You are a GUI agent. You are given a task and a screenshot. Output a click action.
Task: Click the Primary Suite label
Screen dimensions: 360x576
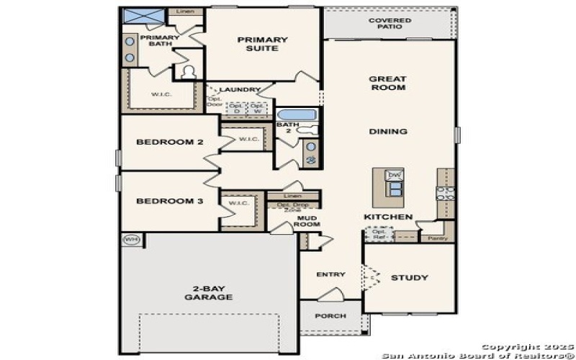pyautogui.click(x=262, y=44)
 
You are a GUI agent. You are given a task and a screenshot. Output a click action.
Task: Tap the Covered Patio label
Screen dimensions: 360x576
pyautogui.click(x=390, y=24)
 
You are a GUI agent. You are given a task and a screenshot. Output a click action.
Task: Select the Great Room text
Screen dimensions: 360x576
pyautogui.click(x=387, y=83)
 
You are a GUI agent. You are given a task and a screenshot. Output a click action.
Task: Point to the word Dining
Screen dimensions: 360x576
pyautogui.click(x=388, y=132)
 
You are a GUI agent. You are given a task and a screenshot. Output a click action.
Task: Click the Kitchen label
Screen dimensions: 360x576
pyautogui.click(x=387, y=217)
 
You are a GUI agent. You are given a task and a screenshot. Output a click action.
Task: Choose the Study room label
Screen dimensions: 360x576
pyautogui.click(x=409, y=278)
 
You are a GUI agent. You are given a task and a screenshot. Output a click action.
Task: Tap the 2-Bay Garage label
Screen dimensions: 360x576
pyautogui.click(x=208, y=292)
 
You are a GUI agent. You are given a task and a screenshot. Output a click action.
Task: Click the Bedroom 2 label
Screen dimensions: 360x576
pyautogui.click(x=169, y=143)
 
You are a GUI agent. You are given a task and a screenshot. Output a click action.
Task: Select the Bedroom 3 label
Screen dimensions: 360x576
pyautogui.click(x=169, y=201)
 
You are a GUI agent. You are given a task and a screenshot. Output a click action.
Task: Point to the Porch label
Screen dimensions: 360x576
pyautogui.click(x=330, y=316)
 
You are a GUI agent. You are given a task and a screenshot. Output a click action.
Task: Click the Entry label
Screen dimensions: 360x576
pyautogui.click(x=330, y=274)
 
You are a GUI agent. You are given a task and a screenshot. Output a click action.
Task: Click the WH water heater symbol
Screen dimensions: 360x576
pyautogui.click(x=130, y=240)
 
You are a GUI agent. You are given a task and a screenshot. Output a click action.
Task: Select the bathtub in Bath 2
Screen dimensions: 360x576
pyautogui.click(x=295, y=114)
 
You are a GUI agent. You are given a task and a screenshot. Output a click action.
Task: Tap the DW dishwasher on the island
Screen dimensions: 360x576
pyautogui.click(x=394, y=176)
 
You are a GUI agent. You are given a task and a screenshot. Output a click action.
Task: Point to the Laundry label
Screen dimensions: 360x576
pyautogui.click(x=239, y=90)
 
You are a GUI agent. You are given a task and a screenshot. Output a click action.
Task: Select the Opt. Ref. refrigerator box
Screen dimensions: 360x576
pyautogui.click(x=378, y=234)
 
